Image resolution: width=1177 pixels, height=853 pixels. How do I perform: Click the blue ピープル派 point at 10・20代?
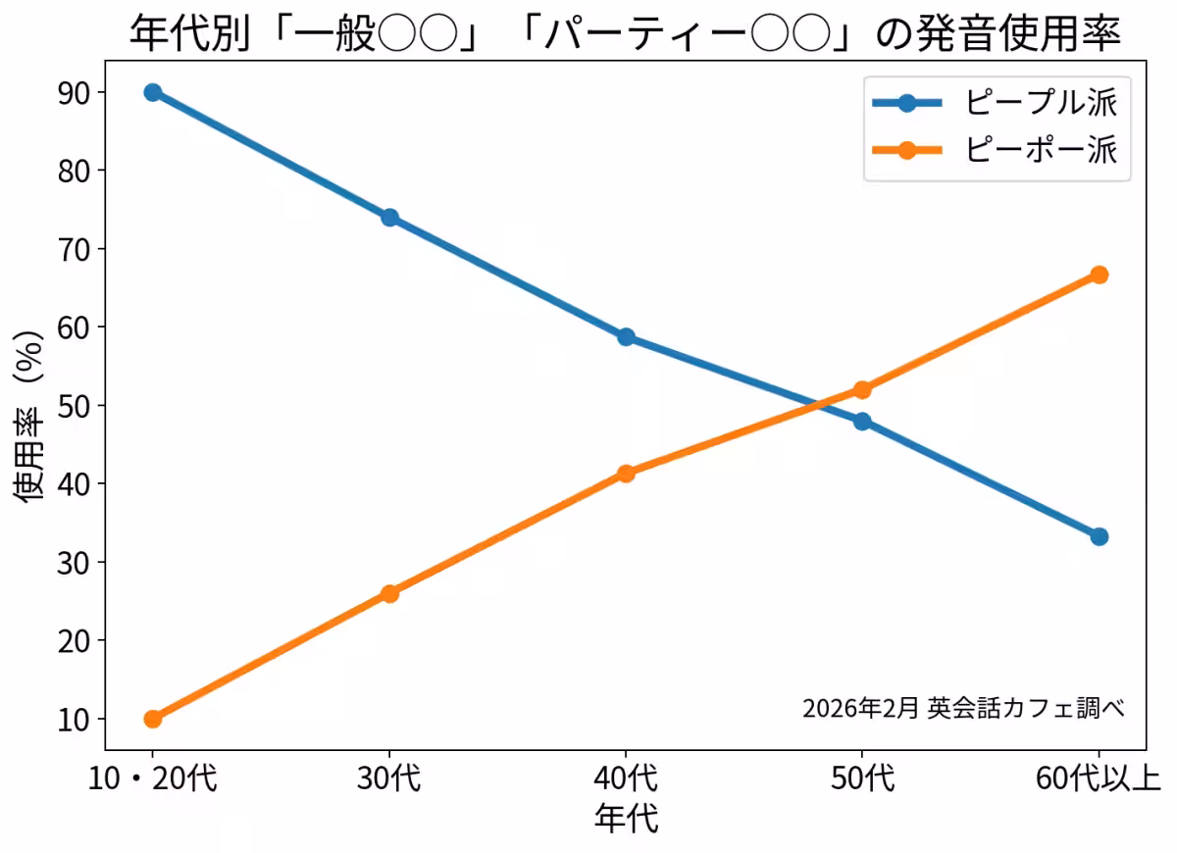point(152,92)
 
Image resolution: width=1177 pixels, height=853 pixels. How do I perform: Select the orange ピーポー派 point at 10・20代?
point(152,719)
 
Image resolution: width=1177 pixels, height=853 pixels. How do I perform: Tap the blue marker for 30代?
point(389,218)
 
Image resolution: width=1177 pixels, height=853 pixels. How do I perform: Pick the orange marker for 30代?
point(389,593)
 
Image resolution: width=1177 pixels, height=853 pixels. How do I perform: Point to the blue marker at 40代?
point(626,337)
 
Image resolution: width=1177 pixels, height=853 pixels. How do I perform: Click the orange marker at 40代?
point(626,474)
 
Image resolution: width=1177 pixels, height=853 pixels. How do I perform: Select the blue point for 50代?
point(862,422)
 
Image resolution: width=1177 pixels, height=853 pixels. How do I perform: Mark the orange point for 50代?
point(862,389)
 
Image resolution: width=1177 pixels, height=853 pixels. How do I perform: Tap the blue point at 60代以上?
point(1099,536)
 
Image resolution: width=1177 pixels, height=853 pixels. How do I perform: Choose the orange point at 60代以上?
point(1099,275)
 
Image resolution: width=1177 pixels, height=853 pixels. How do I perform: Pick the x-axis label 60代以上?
point(1099,780)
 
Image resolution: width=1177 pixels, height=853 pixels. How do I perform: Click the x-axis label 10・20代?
point(152,780)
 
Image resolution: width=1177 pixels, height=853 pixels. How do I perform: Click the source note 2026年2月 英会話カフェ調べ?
point(962,708)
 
